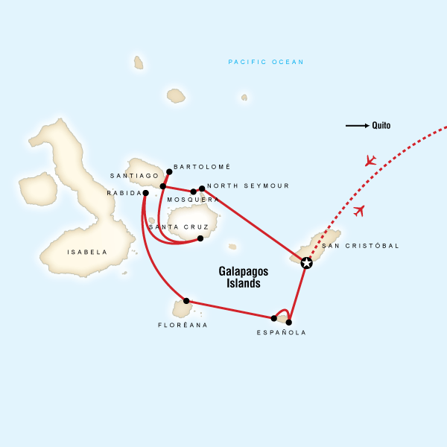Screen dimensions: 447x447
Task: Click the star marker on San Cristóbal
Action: [x=306, y=262]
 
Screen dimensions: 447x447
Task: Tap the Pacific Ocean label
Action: [x=266, y=62]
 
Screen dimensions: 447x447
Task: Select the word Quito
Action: [x=381, y=126]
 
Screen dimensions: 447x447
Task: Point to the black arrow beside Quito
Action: [x=357, y=126]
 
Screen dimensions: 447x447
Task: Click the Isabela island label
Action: [x=87, y=252]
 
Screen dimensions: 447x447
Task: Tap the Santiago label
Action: [x=135, y=176]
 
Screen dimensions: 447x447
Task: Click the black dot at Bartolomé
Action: [x=169, y=172]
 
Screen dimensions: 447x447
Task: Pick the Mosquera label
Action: [x=193, y=200]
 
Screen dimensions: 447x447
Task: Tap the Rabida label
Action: [x=124, y=193]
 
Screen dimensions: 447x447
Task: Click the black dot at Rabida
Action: [x=145, y=193]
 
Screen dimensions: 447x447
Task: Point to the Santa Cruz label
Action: [x=173, y=226]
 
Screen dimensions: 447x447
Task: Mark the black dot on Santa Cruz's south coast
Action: [x=200, y=238]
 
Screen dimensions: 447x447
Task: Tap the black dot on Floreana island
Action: [x=186, y=301]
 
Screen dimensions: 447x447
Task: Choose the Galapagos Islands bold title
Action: [x=244, y=277]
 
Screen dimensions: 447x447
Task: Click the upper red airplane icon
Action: [x=370, y=161]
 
